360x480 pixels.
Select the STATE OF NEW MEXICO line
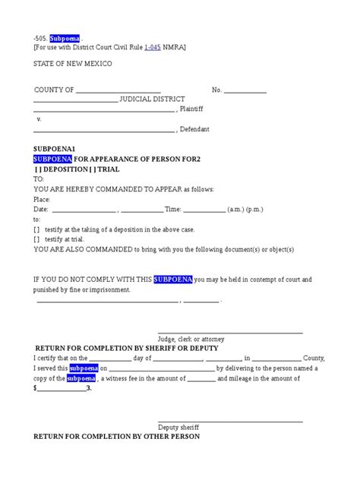click(x=73, y=64)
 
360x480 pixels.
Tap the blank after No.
click(x=245, y=90)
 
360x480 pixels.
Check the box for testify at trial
click(x=37, y=238)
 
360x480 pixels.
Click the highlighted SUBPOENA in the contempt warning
click(x=172, y=279)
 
